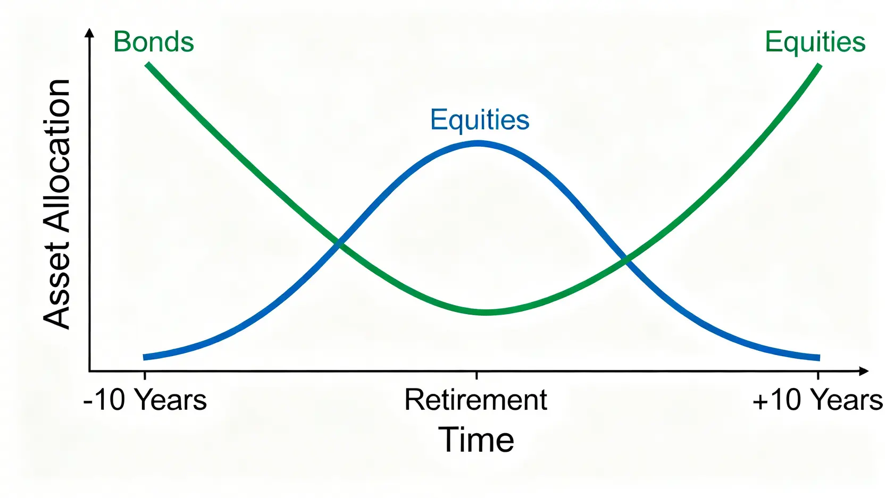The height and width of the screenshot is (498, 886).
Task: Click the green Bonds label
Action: [154, 41]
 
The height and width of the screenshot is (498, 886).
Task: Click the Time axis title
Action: [476, 440]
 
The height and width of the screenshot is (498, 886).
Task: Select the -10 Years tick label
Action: [145, 400]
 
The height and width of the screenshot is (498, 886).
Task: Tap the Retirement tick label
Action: [476, 400]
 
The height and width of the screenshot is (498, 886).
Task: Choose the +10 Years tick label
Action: [817, 400]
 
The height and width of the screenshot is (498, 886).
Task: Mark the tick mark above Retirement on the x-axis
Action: [477, 375]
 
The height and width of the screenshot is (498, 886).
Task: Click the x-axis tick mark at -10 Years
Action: [145, 375]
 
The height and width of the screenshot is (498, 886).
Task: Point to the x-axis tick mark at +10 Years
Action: [818, 375]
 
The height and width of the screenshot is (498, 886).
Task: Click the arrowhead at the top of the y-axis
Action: [90, 32]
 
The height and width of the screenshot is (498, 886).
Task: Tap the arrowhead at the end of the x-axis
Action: [864, 371]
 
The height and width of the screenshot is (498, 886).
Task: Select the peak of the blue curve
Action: [478, 144]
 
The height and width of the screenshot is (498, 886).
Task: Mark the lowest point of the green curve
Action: [487, 312]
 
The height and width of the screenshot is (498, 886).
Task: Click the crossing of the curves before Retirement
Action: [339, 243]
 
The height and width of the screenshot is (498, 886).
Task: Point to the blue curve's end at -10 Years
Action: [144, 357]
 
